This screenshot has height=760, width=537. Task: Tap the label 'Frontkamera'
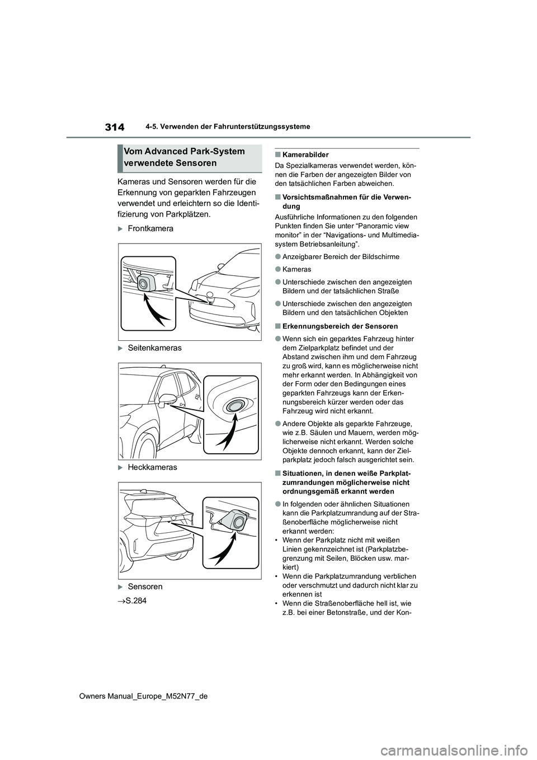click(150, 228)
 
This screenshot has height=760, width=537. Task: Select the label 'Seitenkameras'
click(154, 348)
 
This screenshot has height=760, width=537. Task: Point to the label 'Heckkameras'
click(152, 467)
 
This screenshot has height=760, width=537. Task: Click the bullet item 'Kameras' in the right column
click(300, 269)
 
